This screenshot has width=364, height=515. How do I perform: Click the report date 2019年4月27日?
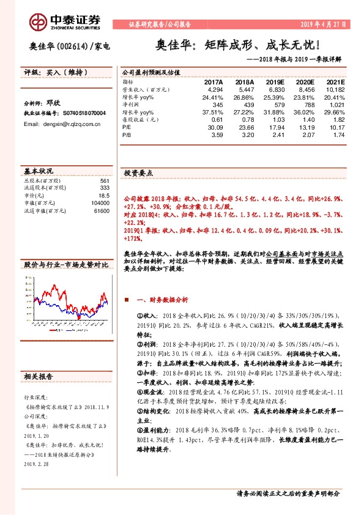tap(324, 24)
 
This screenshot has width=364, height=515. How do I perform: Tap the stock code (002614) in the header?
tap(73, 46)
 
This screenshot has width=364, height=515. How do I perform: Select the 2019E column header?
tap(275, 82)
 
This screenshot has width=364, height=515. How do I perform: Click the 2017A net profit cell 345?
tap(215, 105)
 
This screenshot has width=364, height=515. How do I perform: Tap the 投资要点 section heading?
tap(138, 173)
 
